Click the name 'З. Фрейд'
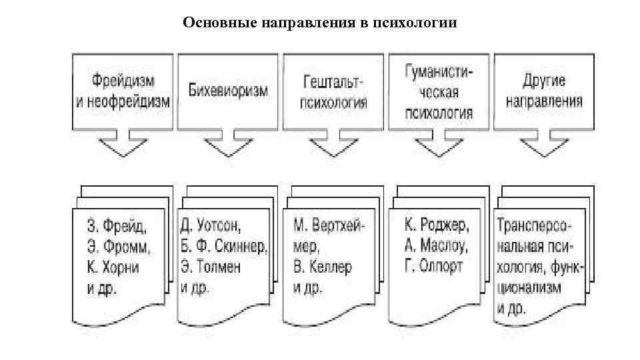pyautogui.click(x=116, y=223)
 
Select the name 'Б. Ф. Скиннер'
pyautogui.click(x=223, y=245)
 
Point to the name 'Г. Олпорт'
pyautogui.click(x=433, y=266)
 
